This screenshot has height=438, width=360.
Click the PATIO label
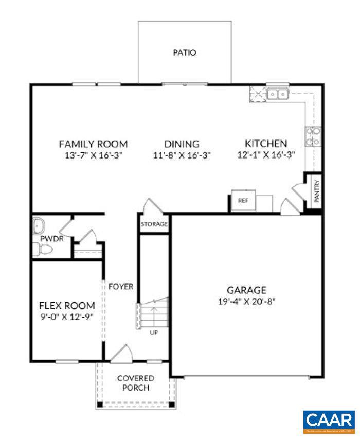(x=185, y=52)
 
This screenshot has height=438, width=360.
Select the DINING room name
(x=182, y=144)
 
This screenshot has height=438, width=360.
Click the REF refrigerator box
(x=243, y=201)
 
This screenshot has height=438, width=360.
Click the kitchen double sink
(x=278, y=94)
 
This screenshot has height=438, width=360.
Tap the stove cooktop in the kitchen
(x=313, y=136)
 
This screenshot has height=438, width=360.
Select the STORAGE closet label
(x=154, y=224)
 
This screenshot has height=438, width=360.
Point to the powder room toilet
(x=43, y=250)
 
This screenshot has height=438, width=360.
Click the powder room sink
(x=39, y=226)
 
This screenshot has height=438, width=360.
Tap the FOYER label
(x=121, y=286)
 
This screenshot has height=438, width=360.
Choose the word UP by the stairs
(x=154, y=332)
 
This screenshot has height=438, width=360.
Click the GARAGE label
(x=247, y=290)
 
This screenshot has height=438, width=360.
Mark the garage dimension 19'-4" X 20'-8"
(x=247, y=302)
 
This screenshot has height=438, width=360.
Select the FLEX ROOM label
(x=67, y=306)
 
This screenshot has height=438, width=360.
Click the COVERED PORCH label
(x=136, y=383)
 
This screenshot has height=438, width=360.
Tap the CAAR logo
(x=329, y=421)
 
